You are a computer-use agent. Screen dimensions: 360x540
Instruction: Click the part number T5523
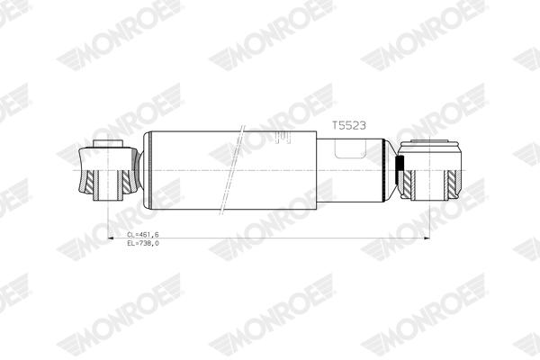[x=347, y=127]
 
